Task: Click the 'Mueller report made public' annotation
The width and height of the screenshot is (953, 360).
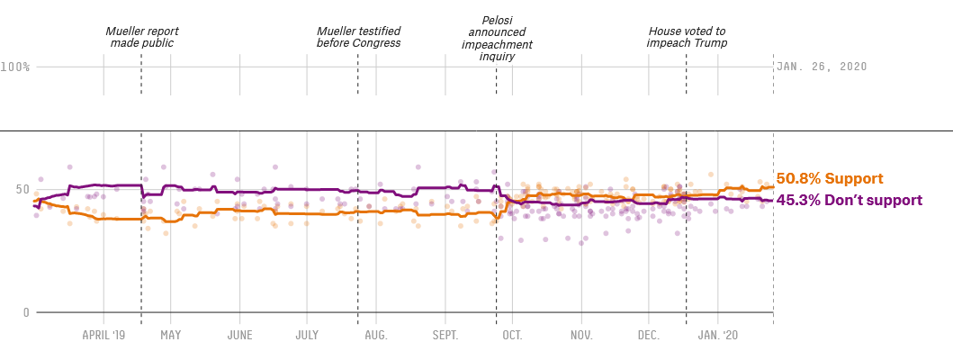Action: click(x=141, y=37)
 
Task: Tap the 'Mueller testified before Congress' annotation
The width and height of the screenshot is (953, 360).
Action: click(x=358, y=37)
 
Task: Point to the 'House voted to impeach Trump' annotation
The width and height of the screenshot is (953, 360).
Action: click(x=688, y=37)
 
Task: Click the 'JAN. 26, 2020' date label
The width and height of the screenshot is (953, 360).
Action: click(x=822, y=67)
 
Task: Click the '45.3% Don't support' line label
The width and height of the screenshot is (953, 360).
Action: click(x=849, y=200)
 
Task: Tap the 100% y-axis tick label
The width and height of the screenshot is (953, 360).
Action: click(x=15, y=67)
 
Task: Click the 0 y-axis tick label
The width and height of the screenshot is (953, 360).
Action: click(x=26, y=313)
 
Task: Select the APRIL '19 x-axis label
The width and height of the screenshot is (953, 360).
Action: click(x=103, y=335)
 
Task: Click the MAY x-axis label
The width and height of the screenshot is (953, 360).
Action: click(x=171, y=335)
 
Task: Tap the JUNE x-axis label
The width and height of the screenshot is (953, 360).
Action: click(x=239, y=335)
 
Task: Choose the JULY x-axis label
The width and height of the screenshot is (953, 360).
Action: click(x=306, y=335)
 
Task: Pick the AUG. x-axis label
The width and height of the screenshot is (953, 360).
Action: click(x=376, y=335)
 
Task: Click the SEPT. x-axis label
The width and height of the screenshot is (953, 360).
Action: click(x=445, y=335)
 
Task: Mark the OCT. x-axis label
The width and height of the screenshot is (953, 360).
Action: click(x=512, y=335)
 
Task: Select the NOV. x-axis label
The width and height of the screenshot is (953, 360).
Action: click(x=581, y=335)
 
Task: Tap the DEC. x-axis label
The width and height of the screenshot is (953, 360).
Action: click(x=649, y=335)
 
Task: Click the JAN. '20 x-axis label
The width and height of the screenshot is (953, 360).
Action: click(x=718, y=335)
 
